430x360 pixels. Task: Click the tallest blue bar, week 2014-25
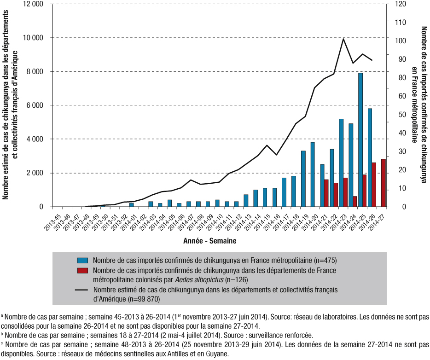(360, 140)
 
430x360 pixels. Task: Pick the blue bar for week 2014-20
(313, 174)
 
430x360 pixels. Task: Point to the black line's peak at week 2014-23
(343, 39)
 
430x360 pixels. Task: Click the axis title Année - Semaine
(213, 240)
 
